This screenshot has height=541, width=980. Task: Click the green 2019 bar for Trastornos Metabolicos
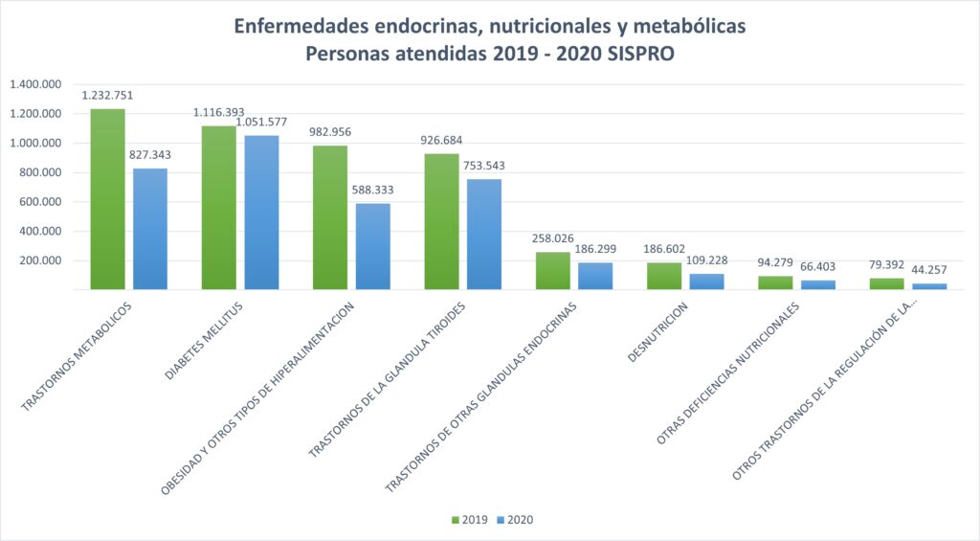pyautogui.click(x=107, y=199)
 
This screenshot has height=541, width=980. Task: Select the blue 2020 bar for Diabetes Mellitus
pyautogui.click(x=261, y=213)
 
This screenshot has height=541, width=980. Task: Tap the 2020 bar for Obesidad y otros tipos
pyautogui.click(x=372, y=246)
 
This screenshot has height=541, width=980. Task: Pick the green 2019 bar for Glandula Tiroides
pyautogui.click(x=441, y=221)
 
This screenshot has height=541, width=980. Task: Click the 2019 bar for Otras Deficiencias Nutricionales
pyautogui.click(x=774, y=282)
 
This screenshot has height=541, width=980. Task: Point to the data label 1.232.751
pyautogui.click(x=107, y=95)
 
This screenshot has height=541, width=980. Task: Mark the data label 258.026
pyautogui.click(x=552, y=238)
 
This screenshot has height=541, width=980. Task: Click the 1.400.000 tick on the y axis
pyautogui.click(x=36, y=84)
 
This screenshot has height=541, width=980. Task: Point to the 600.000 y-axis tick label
pyautogui.click(x=41, y=202)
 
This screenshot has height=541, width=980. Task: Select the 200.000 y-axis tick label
pyautogui.click(x=41, y=260)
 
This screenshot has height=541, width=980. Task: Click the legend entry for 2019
pyautogui.click(x=470, y=520)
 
